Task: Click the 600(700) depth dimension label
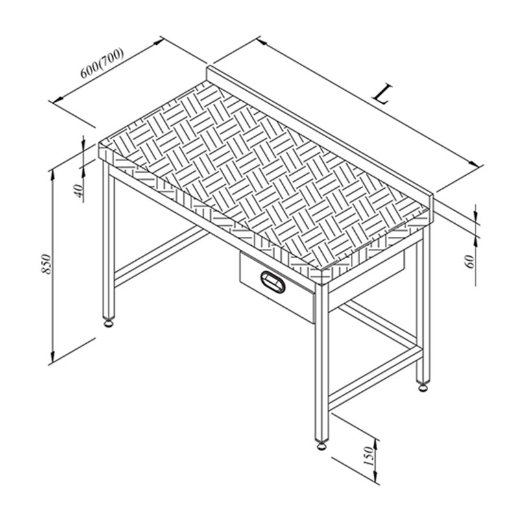(103, 63)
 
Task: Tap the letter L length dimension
(383, 94)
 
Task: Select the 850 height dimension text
(47, 264)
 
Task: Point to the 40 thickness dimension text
(78, 191)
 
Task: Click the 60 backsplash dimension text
(470, 262)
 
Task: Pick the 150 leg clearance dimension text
(368, 456)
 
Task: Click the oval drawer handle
(272, 282)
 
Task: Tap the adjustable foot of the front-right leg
(321, 445)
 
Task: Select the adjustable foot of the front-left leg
(108, 322)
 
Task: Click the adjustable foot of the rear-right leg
(423, 387)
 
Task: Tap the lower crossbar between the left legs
(160, 257)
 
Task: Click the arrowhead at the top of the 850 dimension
(53, 175)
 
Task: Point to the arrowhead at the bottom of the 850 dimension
(53, 357)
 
